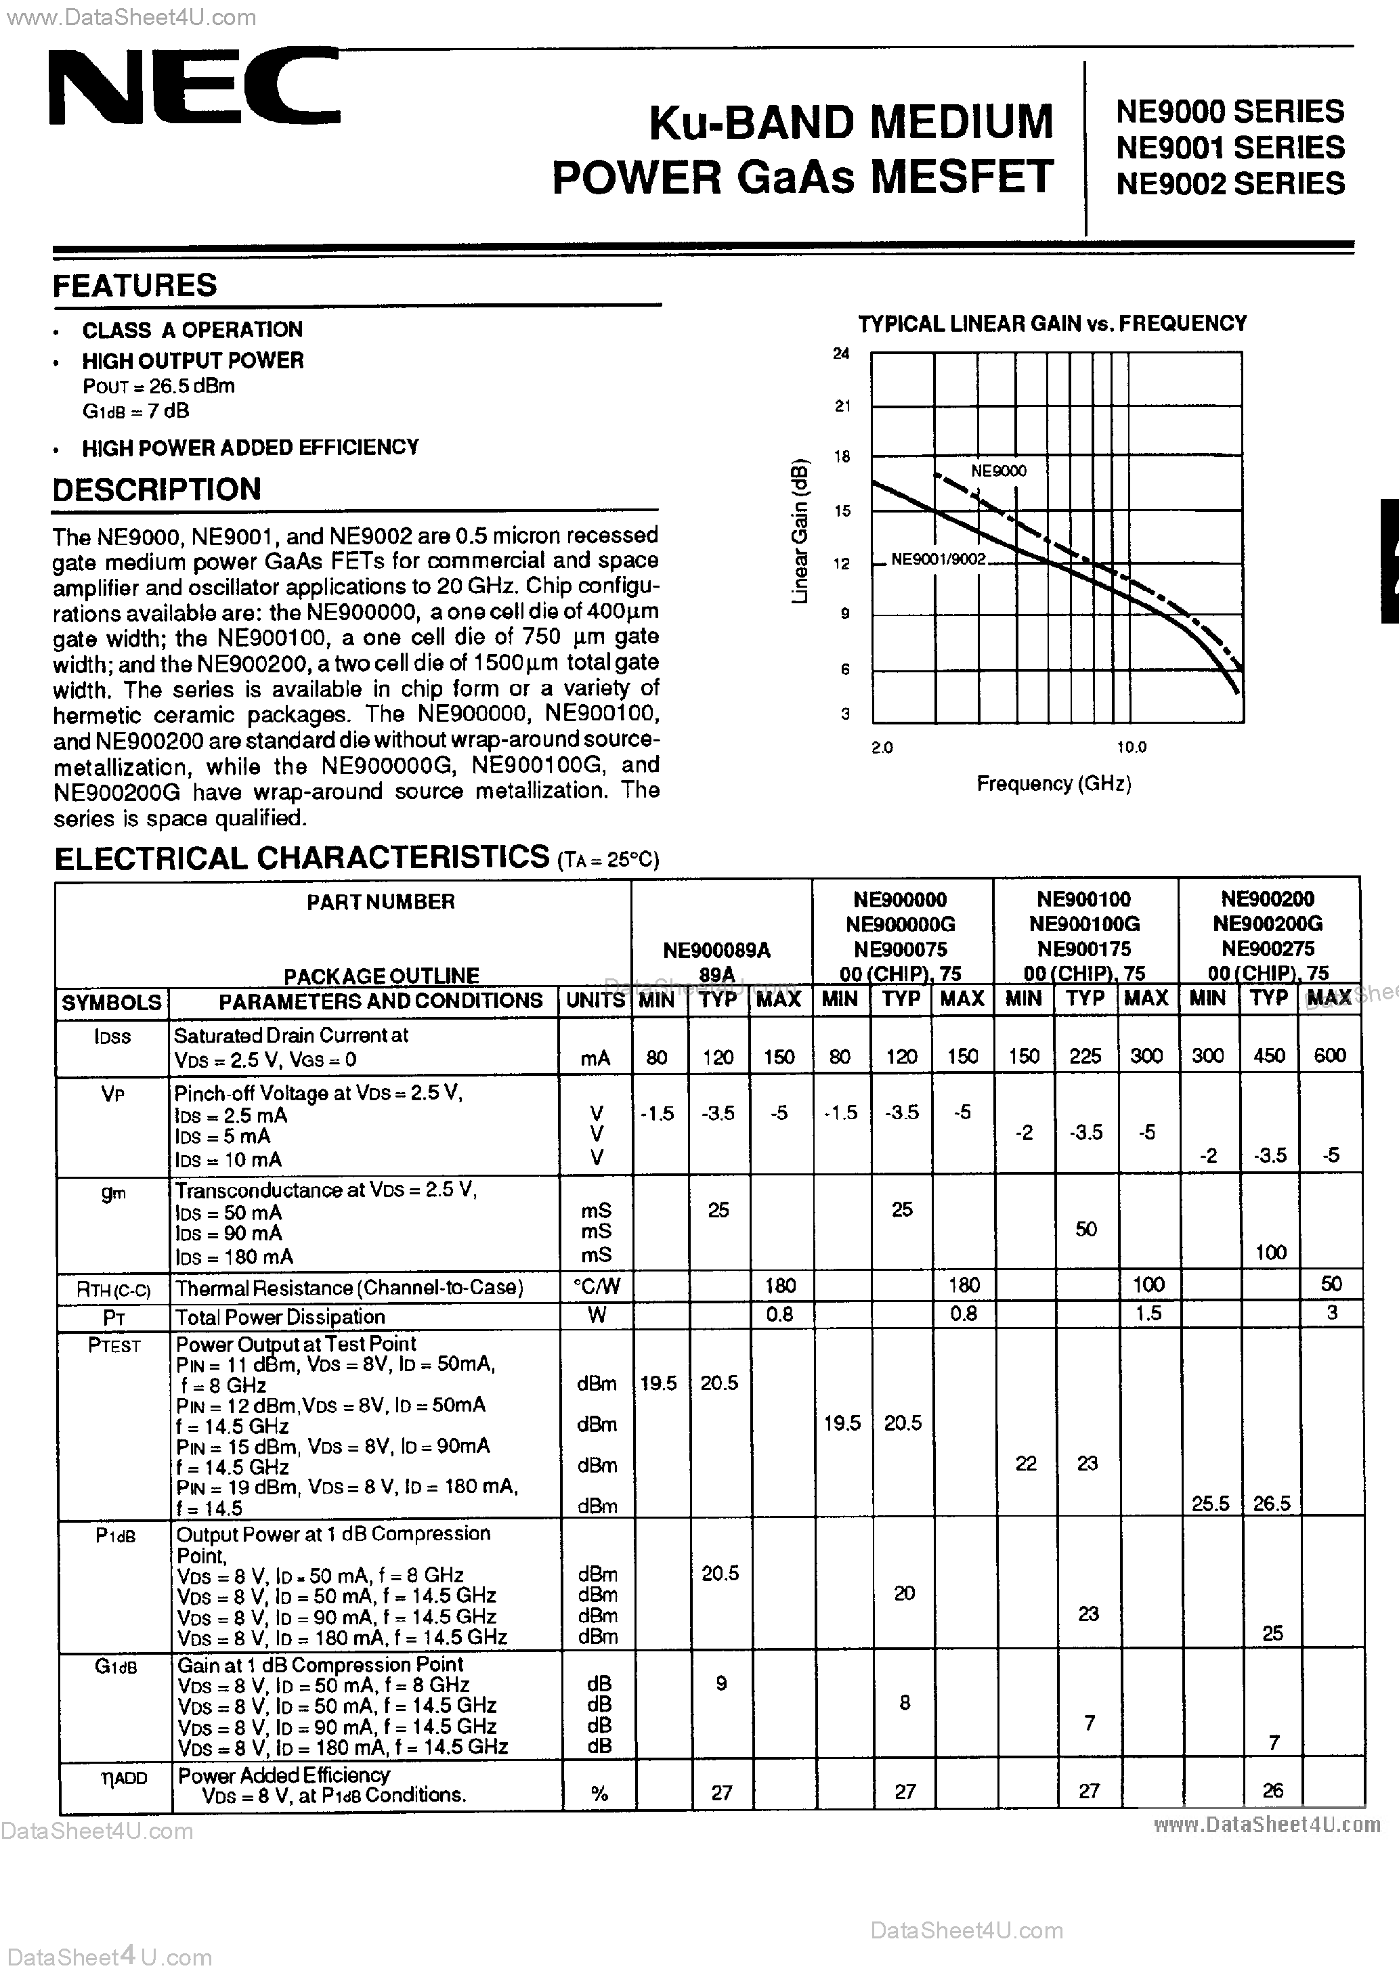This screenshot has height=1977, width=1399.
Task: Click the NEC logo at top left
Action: (x=194, y=89)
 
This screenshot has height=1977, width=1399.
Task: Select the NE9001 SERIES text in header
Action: (x=1229, y=148)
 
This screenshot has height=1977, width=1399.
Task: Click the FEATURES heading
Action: (x=135, y=286)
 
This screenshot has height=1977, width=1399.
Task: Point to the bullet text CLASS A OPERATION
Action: (x=192, y=330)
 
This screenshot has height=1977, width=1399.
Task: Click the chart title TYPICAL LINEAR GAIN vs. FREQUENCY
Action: (x=1052, y=324)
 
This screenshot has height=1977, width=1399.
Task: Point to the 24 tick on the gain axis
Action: (x=841, y=353)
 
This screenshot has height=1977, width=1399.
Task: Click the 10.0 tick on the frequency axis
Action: (x=1131, y=747)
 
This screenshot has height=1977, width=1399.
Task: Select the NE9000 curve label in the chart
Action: (x=998, y=471)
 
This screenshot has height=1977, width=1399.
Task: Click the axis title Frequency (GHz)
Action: (x=1053, y=783)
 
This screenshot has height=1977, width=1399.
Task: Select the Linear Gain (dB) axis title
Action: (x=800, y=531)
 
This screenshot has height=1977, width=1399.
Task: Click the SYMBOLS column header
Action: (x=112, y=1002)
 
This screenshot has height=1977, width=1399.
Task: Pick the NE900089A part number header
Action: (x=716, y=951)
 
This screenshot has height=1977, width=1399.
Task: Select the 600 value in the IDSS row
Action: (x=1329, y=1056)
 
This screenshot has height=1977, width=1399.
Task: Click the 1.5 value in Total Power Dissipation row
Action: (x=1148, y=1313)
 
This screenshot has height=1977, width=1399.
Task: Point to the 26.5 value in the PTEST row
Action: (x=1270, y=1504)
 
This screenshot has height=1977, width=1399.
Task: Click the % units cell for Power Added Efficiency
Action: (x=599, y=1794)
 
